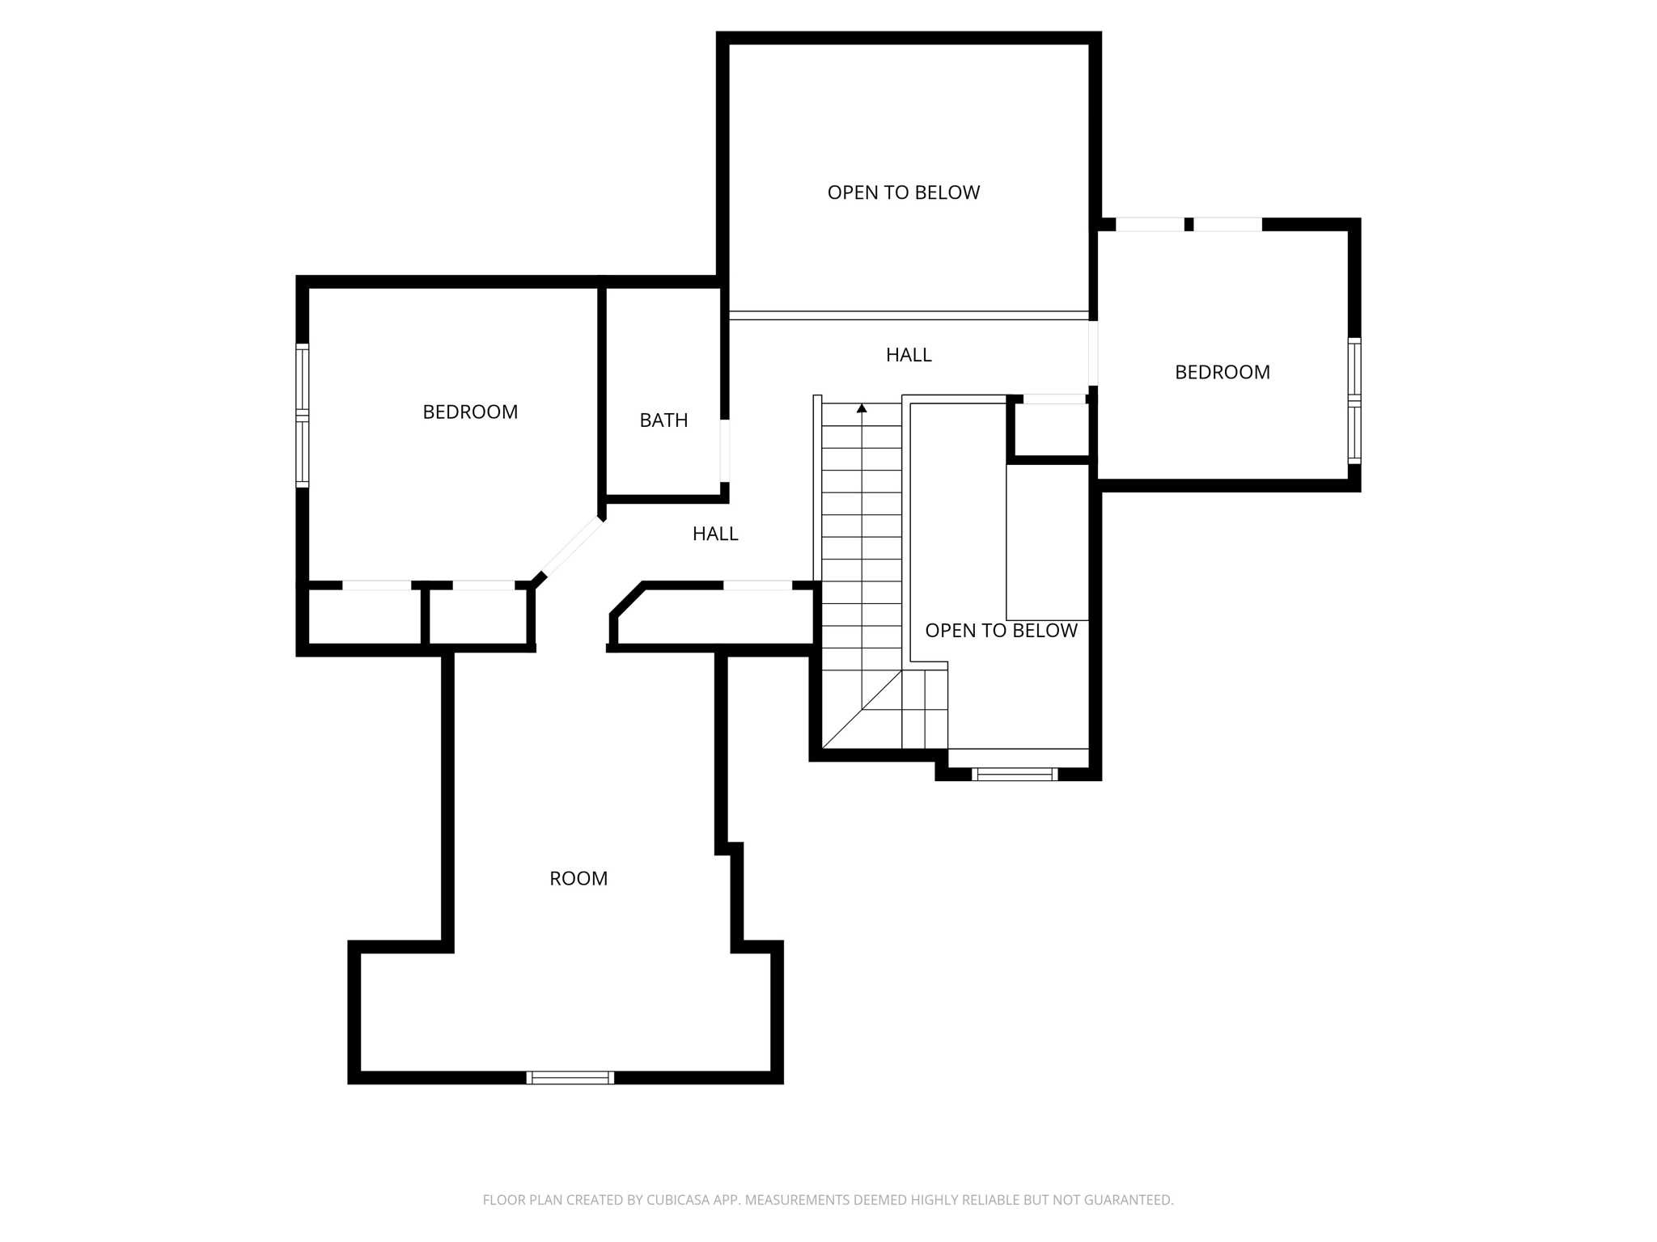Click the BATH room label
click(663, 420)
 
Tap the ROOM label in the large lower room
click(578, 879)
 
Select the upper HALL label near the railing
click(909, 355)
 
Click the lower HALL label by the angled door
click(715, 534)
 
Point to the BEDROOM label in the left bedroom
click(470, 412)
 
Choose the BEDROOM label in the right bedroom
click(1222, 373)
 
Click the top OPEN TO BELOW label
click(903, 192)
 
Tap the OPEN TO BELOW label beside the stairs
click(1001, 631)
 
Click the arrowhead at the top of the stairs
click(862, 409)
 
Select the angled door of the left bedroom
click(572, 547)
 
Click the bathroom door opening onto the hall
click(725, 450)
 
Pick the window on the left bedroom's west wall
click(302, 415)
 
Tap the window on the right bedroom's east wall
click(1354, 401)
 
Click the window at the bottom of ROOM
click(570, 1077)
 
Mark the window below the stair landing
click(1015, 774)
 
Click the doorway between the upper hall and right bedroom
click(1092, 353)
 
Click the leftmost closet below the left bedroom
click(364, 616)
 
